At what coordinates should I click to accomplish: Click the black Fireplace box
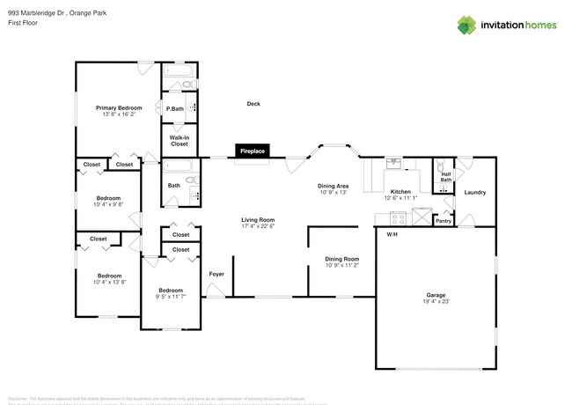pos(253,151)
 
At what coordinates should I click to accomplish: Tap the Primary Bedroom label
pos(119,107)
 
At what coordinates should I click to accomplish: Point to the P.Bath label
pos(174,108)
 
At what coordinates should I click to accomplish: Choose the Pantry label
pos(444,221)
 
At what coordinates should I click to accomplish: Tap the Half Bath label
pos(445,176)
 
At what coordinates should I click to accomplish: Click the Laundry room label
pos(475,192)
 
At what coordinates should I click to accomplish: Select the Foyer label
pos(216,274)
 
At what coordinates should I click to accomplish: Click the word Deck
pos(253,104)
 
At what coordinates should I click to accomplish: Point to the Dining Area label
pos(334,186)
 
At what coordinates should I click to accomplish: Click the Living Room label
pos(259,219)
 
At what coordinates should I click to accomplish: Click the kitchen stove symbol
pos(396,218)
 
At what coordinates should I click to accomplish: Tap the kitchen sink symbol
pos(393,164)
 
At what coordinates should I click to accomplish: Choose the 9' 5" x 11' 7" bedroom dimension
pos(171,297)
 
